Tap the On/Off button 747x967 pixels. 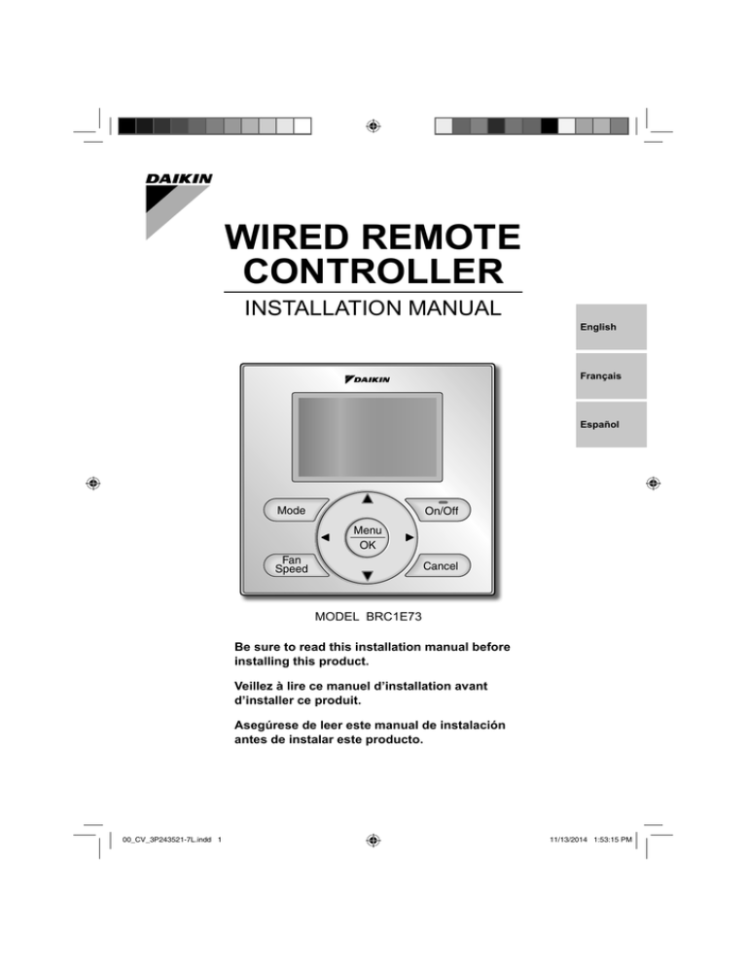click(439, 510)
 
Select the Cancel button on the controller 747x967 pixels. click(439, 565)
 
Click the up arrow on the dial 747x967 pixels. click(368, 498)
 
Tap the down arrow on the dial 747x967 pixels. click(368, 576)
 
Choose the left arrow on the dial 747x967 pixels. click(325, 537)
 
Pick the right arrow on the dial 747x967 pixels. click(409, 537)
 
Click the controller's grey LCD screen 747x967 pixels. click(367, 437)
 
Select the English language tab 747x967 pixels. click(611, 327)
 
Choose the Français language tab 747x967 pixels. click(611, 376)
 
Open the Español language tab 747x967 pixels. click(611, 424)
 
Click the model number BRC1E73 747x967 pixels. click(394, 616)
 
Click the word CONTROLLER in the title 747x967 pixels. click(373, 271)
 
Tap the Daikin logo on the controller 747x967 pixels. click(368, 379)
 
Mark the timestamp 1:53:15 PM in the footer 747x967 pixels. click(613, 840)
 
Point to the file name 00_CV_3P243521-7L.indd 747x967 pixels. click(166, 840)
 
